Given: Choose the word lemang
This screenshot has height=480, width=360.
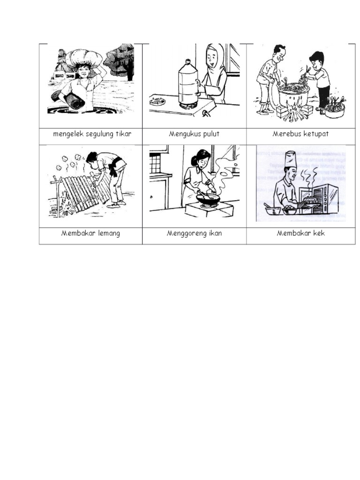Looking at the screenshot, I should pyautogui.click(x=109, y=233).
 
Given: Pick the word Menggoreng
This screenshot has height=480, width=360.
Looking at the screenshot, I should pyautogui.click(x=186, y=233).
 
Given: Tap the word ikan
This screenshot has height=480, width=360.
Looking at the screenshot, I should pyautogui.click(x=214, y=233).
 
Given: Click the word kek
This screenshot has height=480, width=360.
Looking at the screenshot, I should pyautogui.click(x=318, y=233).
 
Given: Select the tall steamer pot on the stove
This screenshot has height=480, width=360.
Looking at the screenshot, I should pyautogui.click(x=187, y=84).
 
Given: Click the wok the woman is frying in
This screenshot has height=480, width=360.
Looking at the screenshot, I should pyautogui.click(x=208, y=199).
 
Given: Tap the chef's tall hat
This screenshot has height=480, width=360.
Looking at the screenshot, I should pyautogui.click(x=290, y=159).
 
